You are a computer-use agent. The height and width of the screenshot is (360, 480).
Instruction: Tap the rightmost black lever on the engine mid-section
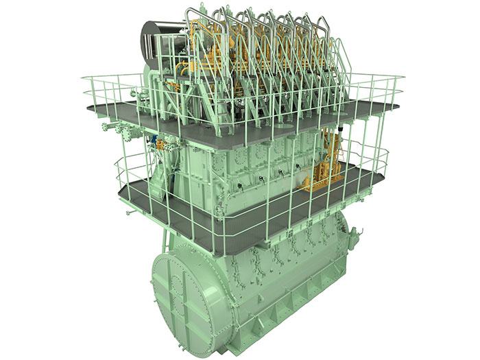pos(299,167)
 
